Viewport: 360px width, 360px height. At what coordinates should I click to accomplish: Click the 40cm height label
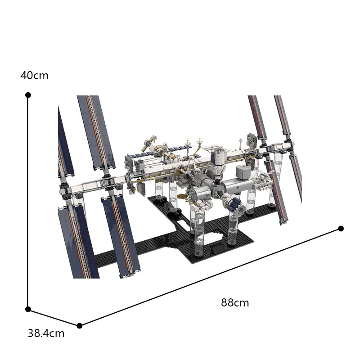click(x=34, y=76)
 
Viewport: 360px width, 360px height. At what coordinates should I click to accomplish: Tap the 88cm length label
click(x=234, y=303)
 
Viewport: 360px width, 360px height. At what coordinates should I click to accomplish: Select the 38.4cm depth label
click(x=46, y=333)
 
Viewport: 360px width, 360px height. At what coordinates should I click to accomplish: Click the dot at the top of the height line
click(x=28, y=95)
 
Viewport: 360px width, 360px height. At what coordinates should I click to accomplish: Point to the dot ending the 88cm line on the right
click(x=341, y=229)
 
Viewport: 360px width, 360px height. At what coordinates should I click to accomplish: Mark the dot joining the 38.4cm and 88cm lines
click(x=79, y=325)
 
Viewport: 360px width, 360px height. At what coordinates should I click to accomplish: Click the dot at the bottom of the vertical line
click(x=28, y=309)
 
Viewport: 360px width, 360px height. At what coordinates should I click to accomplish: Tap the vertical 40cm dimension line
click(x=28, y=202)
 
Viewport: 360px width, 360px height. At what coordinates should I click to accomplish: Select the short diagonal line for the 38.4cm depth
click(x=54, y=317)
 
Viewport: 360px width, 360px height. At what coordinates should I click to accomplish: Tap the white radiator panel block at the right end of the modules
click(x=262, y=183)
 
